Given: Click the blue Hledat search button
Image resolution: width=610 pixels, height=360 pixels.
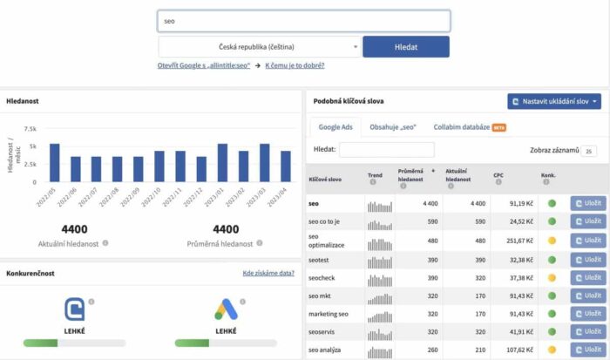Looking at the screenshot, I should click(406, 46).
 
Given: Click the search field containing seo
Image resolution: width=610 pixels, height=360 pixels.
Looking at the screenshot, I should click(304, 21).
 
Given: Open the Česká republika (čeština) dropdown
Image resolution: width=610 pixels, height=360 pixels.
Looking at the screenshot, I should click(260, 46).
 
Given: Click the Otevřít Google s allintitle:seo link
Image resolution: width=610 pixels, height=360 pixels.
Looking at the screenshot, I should click(204, 65).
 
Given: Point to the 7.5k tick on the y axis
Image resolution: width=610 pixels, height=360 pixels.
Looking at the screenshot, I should click(30, 128).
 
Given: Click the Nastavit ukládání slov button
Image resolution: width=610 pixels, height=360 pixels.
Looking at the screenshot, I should click(554, 101).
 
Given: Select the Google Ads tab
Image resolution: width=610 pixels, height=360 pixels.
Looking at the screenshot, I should click(335, 127).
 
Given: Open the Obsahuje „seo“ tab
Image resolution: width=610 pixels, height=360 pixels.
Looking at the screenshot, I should click(392, 127).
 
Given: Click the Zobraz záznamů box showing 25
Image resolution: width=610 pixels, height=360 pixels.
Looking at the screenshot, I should click(589, 151).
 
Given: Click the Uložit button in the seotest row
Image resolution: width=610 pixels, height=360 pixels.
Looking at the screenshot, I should click(588, 259).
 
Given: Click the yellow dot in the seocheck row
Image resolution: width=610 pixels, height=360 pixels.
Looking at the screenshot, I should click(552, 278).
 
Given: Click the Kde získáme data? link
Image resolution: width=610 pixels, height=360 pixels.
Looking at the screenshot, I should click(268, 273).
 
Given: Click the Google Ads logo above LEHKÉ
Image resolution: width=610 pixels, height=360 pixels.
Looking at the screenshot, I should click(226, 309).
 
